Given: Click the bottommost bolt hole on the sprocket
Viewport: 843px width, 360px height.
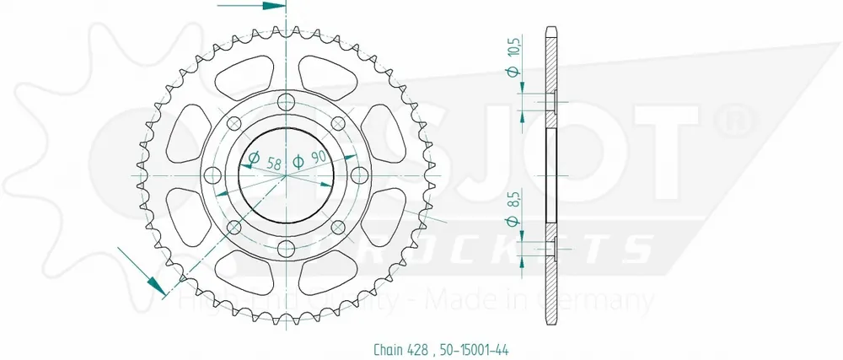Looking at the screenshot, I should point(286,247).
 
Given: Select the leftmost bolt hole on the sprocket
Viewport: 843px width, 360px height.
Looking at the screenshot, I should point(213,175).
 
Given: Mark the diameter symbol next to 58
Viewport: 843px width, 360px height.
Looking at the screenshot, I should point(252,157).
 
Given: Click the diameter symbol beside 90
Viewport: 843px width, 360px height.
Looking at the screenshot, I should point(297,161).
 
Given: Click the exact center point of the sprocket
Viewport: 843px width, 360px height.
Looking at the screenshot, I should point(286,175).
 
